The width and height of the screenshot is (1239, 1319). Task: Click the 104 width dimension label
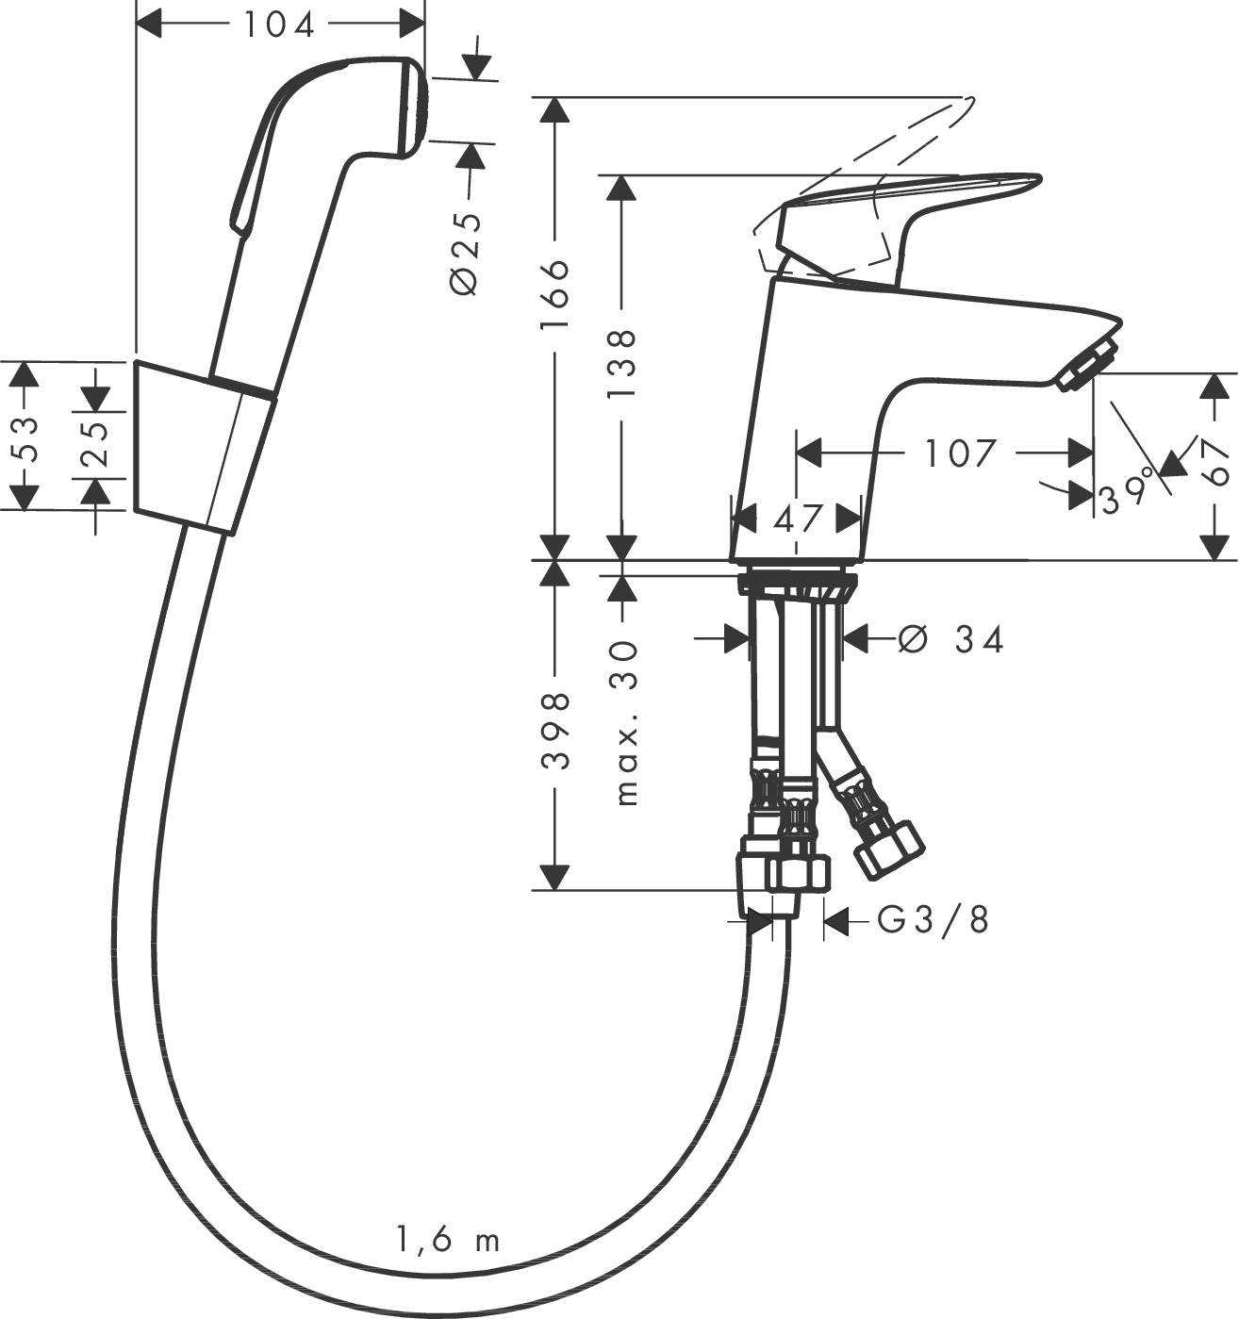pos(279,25)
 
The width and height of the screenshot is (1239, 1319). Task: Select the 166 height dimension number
pos(555,294)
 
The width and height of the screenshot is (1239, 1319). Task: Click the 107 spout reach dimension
pos(959,453)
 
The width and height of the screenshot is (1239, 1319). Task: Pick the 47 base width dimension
pos(797,519)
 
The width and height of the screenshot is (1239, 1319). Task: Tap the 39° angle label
pos(1128,490)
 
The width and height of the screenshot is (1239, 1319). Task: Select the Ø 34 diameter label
pos(951,640)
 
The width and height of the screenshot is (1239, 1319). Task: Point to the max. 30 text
pos(626,722)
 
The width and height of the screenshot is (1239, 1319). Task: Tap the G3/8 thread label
pos(933,920)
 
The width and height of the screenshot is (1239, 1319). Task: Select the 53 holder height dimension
pos(26,438)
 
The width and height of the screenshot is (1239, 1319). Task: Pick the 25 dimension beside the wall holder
pos(94,444)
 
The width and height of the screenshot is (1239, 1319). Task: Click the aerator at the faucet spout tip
pos(1088,366)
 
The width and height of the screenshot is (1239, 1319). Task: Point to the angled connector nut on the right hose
pos(888,846)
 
